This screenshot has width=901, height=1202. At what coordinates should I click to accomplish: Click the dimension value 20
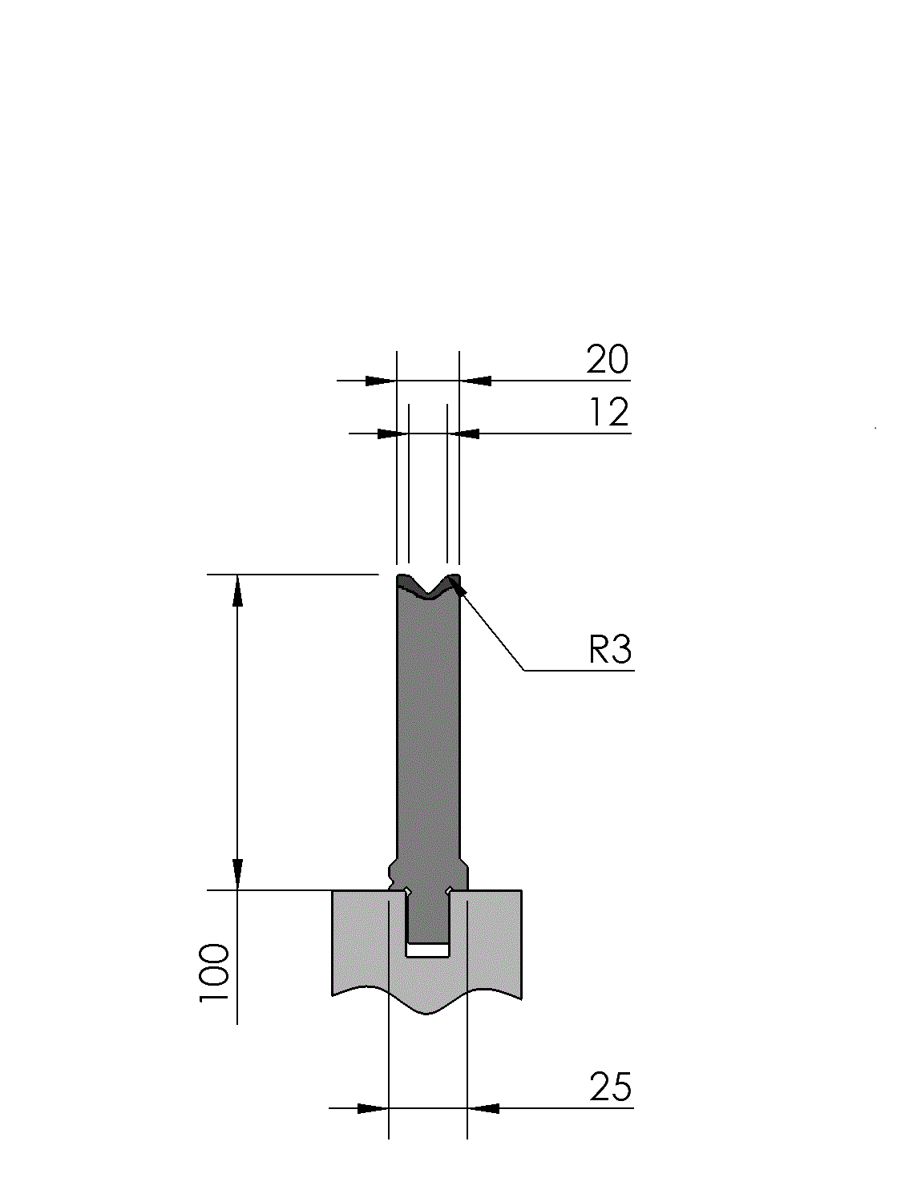point(607,359)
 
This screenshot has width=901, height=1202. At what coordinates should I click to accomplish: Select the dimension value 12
point(609,412)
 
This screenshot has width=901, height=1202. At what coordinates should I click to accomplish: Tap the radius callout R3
point(610,649)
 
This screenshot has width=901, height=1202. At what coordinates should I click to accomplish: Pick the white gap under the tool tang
point(428,950)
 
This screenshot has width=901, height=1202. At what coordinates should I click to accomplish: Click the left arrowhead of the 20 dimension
point(381,381)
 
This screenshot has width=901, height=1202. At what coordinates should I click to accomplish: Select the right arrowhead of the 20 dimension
point(475,381)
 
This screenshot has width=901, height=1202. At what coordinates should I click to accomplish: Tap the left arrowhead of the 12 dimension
point(394,434)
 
